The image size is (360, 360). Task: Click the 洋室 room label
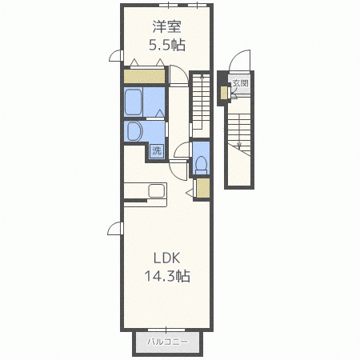pyautogui.click(x=167, y=26)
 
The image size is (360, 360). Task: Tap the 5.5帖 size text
pyautogui.click(x=167, y=45)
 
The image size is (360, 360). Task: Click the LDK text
pyautogui.click(x=166, y=258)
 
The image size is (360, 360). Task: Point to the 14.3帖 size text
pyautogui.click(x=167, y=276)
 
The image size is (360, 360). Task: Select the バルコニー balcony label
pyautogui.click(x=167, y=342)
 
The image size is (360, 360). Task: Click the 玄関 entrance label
pyautogui.click(x=240, y=83)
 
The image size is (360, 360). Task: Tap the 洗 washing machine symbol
pyautogui.click(x=157, y=151)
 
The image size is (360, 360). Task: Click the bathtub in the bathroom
pyautogui.click(x=133, y=102)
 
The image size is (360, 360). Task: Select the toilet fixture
pyautogui.click(x=201, y=165)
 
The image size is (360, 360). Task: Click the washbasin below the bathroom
pyautogui.click(x=135, y=131)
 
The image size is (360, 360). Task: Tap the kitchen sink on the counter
pyautogui.click(x=158, y=190)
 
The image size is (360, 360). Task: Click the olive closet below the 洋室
pyautogui.click(x=144, y=76)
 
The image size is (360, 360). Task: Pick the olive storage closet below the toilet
pyautogui.click(x=203, y=188)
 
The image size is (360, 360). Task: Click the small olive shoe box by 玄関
pyautogui.click(x=223, y=93)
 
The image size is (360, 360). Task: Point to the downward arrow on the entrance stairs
pyautogui.click(x=239, y=131)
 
